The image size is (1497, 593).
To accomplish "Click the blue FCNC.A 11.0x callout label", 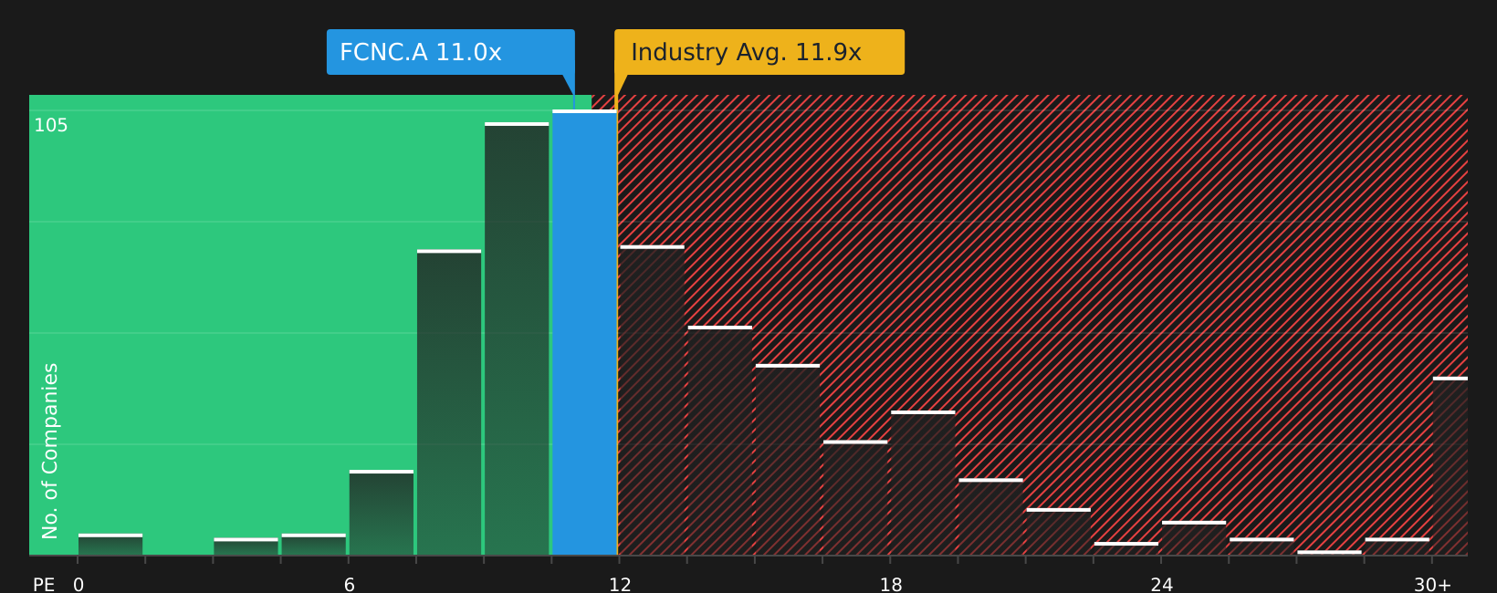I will [450, 52].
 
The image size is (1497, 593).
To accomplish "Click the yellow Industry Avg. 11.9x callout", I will [759, 52].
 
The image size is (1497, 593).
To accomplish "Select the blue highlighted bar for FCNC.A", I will [584, 333].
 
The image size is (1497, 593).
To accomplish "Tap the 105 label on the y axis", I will [51, 126].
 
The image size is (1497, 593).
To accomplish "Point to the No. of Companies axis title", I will [50, 451].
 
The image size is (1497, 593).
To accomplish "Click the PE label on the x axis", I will [44, 585].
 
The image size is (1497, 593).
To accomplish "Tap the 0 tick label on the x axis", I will [79, 585].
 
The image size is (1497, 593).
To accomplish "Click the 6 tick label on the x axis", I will [350, 585].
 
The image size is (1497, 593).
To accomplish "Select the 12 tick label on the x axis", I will [620, 585].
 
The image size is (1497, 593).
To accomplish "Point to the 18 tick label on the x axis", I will [891, 585].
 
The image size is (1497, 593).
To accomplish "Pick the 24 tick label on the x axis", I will [1161, 585].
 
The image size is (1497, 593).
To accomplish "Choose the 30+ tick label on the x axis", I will [1432, 585].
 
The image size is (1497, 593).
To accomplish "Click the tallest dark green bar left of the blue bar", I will [517, 339].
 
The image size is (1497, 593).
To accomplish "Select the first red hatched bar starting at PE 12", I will [652, 401].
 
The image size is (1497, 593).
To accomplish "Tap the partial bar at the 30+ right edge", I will [1450, 466].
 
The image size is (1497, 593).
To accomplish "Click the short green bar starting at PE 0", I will [110, 545].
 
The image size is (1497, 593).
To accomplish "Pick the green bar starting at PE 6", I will [382, 513].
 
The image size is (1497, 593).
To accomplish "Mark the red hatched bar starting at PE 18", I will [923, 484].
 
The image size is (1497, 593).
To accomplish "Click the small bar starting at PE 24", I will [1193, 538].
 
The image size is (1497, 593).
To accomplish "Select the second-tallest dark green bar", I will [449, 402].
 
